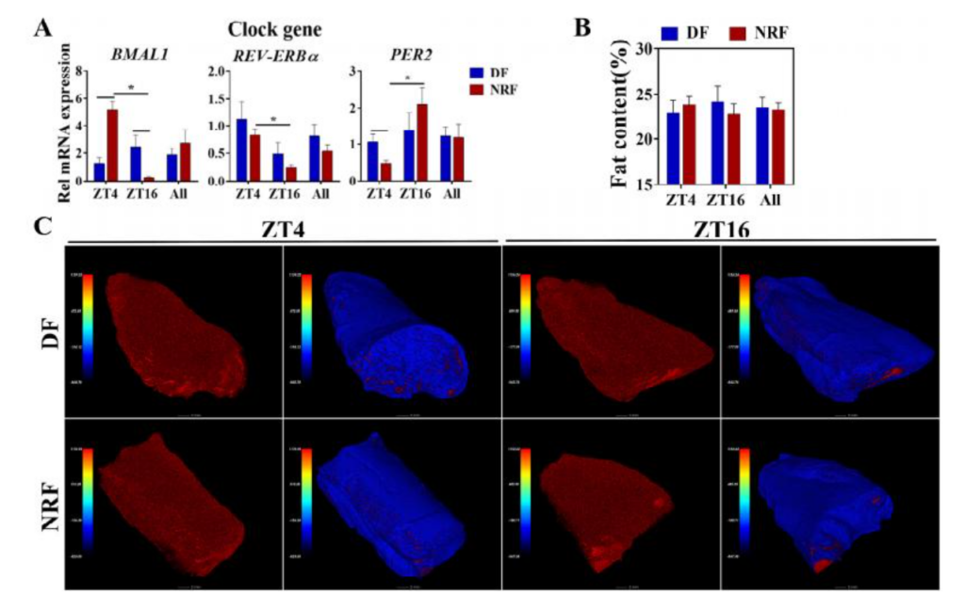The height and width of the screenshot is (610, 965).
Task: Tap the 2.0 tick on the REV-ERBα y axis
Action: [x=216, y=72]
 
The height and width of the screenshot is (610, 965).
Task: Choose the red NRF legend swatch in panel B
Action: [x=740, y=33]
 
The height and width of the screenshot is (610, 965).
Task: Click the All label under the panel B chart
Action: [x=769, y=201]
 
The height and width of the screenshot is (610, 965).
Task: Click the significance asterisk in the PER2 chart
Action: [x=407, y=78]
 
